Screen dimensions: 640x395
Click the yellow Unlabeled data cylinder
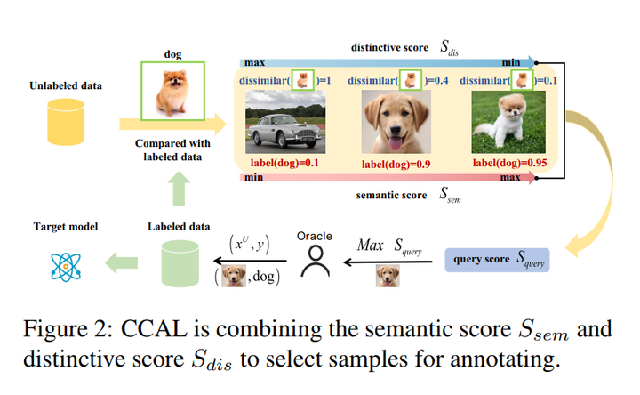(66, 122)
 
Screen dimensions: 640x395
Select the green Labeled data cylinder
(180, 263)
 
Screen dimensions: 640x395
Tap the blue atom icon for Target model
(66, 267)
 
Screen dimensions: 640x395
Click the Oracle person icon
(315, 262)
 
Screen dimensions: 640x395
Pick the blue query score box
(497, 260)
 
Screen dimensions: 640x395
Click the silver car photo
(285, 122)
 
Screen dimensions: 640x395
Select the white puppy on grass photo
(508, 122)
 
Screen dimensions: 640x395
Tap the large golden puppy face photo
(396, 122)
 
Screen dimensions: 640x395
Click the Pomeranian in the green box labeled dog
(172, 91)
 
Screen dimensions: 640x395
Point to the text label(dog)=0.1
(284, 164)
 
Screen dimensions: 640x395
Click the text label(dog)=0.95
(509, 163)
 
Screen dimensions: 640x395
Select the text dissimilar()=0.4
(398, 80)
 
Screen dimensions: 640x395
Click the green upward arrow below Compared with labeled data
(179, 189)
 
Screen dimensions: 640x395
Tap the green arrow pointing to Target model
(121, 262)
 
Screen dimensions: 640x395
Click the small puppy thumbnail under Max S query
(388, 276)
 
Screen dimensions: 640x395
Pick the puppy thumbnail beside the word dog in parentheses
(234, 276)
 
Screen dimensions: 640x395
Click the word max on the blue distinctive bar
(255, 63)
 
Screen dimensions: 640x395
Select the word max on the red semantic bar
(510, 178)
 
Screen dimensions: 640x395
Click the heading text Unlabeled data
(66, 85)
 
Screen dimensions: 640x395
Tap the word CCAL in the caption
(154, 329)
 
